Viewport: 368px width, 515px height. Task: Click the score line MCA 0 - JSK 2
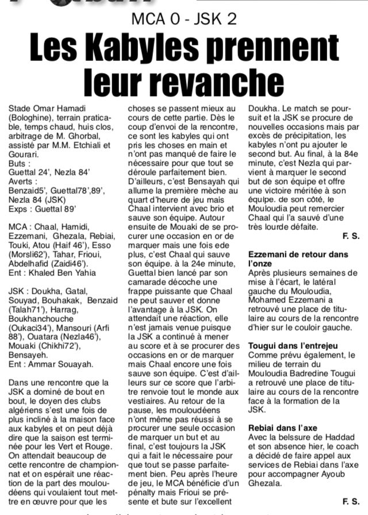[x=183, y=19]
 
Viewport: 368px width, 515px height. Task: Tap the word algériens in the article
[x=29, y=402]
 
